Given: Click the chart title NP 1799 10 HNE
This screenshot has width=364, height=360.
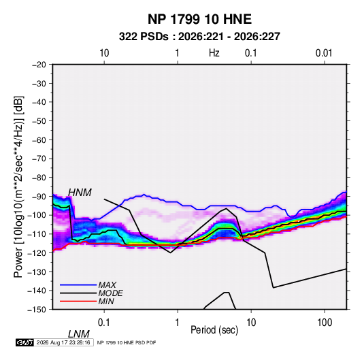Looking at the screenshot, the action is pyautogui.click(x=199, y=19).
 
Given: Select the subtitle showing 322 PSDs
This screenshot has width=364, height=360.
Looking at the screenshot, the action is pyautogui.click(x=199, y=37).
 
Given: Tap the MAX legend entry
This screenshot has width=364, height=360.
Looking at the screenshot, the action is pyautogui.click(x=107, y=284).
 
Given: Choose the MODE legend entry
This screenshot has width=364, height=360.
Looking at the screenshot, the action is pyautogui.click(x=110, y=293).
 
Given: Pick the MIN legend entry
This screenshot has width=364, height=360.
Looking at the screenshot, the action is pyautogui.click(x=106, y=301).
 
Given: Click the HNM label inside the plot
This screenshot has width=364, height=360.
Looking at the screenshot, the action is pyautogui.click(x=80, y=193).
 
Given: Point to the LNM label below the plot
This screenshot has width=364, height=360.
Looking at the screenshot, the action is pyautogui.click(x=78, y=334).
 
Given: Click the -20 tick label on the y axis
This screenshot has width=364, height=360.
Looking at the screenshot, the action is pyautogui.click(x=39, y=65).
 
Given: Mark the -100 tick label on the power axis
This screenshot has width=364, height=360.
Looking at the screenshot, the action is pyautogui.click(x=37, y=215).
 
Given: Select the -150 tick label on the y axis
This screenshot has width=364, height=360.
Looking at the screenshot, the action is pyautogui.click(x=37, y=310).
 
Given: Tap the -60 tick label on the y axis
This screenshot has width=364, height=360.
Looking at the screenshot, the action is pyautogui.click(x=39, y=140).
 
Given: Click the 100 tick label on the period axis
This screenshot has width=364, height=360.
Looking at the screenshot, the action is pyautogui.click(x=325, y=323).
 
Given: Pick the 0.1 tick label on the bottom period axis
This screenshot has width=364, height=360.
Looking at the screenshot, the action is pyautogui.click(x=104, y=323).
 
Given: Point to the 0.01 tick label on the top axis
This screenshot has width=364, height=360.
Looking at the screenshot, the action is pyautogui.click(x=324, y=53).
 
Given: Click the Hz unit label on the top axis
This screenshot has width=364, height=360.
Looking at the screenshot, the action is pyautogui.click(x=214, y=53).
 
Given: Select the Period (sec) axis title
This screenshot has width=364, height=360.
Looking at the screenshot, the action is pyautogui.click(x=214, y=330).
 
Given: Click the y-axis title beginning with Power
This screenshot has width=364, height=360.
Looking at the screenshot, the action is pyautogui.click(x=18, y=186).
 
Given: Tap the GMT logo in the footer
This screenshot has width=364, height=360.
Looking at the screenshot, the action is pyautogui.click(x=25, y=342).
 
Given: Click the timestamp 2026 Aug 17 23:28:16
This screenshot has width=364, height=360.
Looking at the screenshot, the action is pyautogui.click(x=63, y=342).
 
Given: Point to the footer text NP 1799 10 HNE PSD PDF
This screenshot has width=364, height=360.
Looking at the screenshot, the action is pyautogui.click(x=127, y=342).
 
